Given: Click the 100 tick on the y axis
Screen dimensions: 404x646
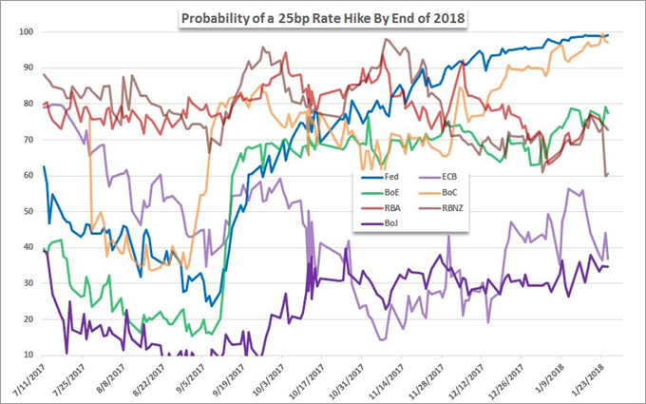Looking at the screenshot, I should click(28, 32).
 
